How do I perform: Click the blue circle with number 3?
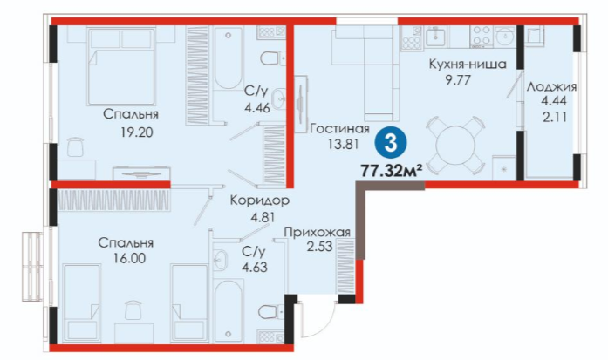391,144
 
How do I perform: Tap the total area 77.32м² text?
392,170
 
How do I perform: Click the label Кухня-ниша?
468,64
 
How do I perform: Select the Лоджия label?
551,87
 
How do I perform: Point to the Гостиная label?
339,128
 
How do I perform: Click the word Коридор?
260,200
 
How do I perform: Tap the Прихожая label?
318,233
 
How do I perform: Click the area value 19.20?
136,132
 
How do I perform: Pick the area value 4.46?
257,107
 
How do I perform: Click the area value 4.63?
255,268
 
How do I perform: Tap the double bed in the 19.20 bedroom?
121,66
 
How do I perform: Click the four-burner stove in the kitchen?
482,36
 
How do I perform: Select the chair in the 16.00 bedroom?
133,309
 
